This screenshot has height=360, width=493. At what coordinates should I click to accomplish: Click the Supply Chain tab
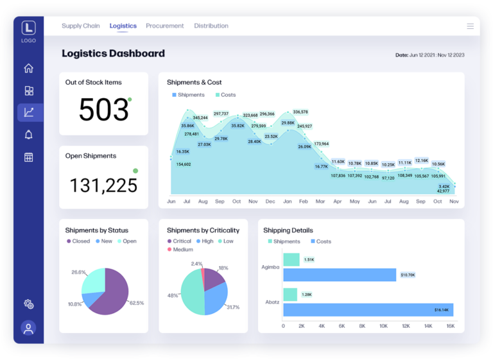[x=80, y=26]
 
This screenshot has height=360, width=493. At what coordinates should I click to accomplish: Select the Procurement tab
[x=164, y=26]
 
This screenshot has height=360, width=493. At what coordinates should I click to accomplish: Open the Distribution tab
[x=211, y=26]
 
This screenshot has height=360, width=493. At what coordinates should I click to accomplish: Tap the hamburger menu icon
[x=470, y=26]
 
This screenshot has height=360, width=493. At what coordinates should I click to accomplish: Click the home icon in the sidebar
[x=28, y=69]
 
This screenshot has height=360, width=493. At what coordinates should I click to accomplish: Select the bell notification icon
[x=28, y=135]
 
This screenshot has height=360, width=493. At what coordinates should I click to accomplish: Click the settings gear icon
[x=28, y=304]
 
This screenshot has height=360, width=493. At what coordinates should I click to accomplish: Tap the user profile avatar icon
[x=28, y=328]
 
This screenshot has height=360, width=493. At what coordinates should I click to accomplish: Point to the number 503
[x=103, y=109]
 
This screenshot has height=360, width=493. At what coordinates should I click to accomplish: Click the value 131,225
[x=103, y=185]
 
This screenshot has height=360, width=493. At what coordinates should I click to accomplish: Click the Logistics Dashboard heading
[x=113, y=54]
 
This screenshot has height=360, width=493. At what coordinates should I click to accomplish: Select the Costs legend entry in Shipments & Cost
[x=225, y=95]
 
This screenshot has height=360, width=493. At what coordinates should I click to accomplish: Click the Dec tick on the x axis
[x=270, y=201]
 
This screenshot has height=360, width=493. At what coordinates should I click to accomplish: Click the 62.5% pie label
[x=137, y=302]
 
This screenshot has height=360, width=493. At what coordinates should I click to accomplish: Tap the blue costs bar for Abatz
[x=368, y=310]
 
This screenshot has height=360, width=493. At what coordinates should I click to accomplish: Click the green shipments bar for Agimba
[x=291, y=259]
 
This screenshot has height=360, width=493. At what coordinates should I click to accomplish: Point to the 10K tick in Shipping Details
[x=383, y=326]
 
